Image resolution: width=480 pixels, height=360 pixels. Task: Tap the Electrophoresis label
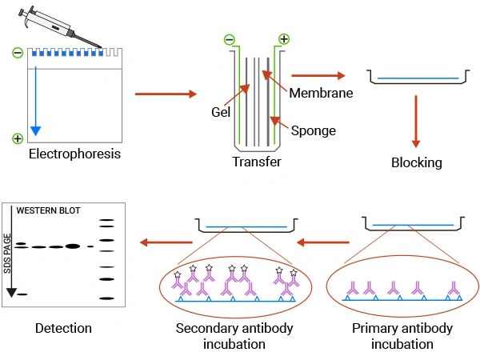point(74,154)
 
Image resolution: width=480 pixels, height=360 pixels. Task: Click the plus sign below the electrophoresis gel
point(18,138)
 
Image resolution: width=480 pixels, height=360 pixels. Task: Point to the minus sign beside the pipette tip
point(18,54)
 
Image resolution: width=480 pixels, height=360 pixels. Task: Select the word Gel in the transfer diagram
point(222,111)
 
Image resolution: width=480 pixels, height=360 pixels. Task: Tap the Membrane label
point(322,93)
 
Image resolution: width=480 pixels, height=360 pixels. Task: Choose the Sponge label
point(313,130)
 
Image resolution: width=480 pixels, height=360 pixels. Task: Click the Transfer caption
point(256,162)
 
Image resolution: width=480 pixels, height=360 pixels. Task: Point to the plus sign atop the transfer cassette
point(283,39)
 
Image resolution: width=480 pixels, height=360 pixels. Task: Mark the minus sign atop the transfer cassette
point(229,39)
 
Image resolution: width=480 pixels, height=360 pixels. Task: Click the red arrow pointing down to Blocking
point(416,120)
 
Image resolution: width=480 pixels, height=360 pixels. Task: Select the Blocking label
point(416,163)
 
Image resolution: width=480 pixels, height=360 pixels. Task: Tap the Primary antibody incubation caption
point(402,336)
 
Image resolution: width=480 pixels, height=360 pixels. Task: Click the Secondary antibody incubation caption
point(234,336)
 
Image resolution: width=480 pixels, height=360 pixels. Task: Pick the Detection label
point(63,328)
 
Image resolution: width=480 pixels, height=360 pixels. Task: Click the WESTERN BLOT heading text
point(49,211)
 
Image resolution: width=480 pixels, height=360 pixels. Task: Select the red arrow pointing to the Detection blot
point(167,240)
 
